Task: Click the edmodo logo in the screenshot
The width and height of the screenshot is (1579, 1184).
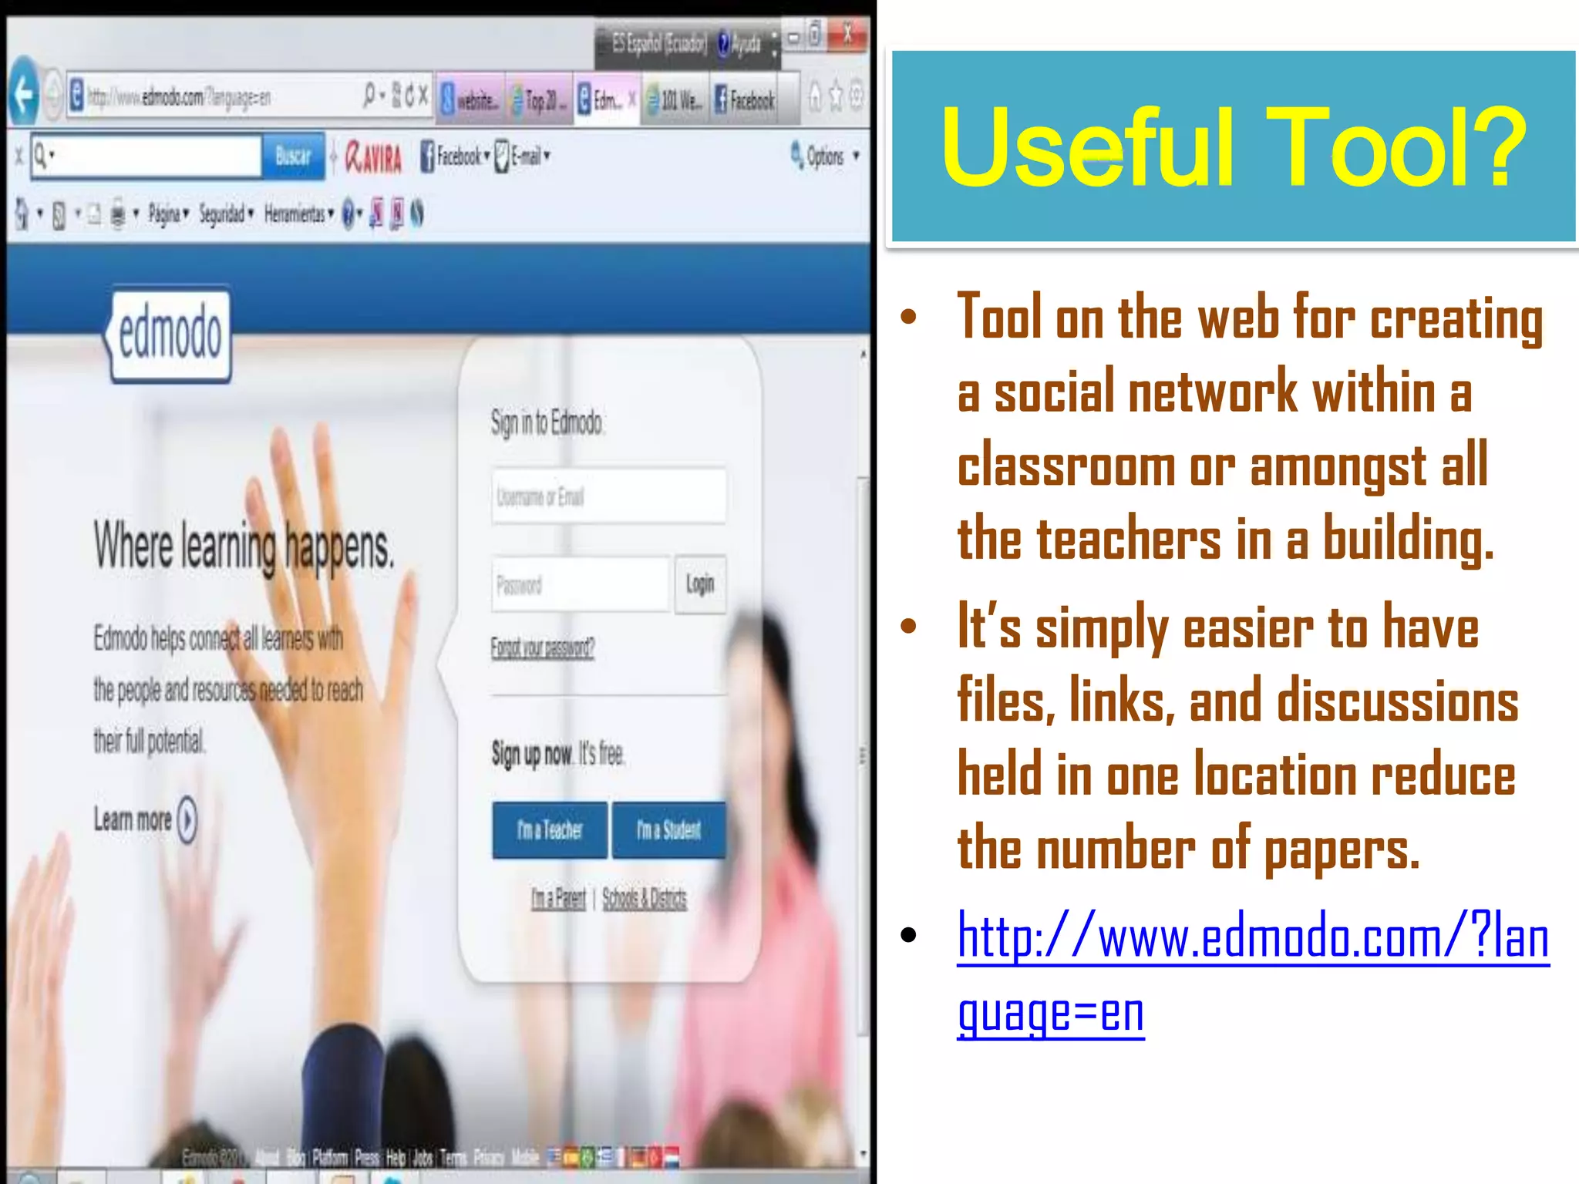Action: point(170,335)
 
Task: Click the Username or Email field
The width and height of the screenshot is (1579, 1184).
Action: point(608,497)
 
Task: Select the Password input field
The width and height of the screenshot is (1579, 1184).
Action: point(580,585)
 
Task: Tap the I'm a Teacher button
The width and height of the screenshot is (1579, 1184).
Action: point(550,830)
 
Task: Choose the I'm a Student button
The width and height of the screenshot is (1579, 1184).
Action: point(668,830)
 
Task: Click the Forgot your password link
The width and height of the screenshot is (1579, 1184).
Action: point(542,647)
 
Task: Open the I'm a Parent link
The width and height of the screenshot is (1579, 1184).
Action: point(558,898)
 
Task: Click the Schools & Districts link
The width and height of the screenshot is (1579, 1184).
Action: point(644,898)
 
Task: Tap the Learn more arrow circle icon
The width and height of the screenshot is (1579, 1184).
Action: point(187,819)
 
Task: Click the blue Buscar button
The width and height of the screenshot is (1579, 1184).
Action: point(293,156)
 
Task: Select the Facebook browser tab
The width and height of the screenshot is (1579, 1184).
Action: point(745,99)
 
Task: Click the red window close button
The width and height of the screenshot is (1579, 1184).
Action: point(847,35)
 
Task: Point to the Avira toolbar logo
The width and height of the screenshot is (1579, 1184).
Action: point(374,157)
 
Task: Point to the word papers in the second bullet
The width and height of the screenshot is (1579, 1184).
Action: point(1341,849)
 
